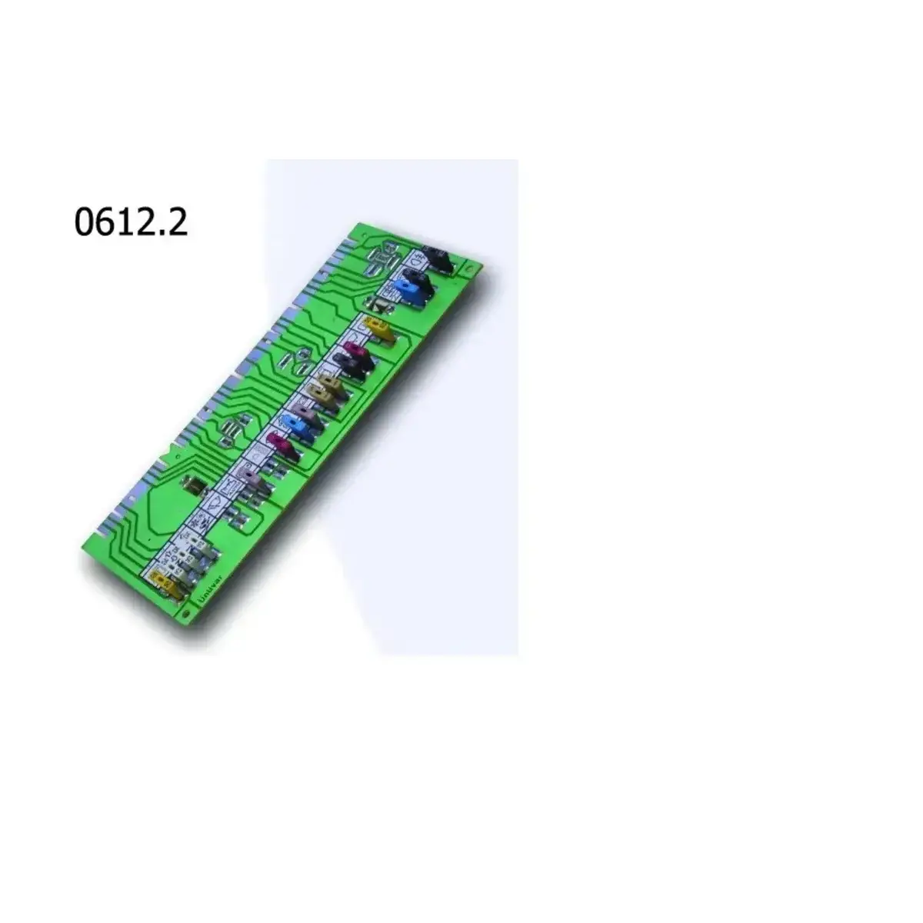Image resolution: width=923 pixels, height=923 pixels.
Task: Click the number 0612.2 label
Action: (131, 222)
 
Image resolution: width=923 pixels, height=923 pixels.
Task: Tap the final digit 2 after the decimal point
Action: (178, 222)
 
